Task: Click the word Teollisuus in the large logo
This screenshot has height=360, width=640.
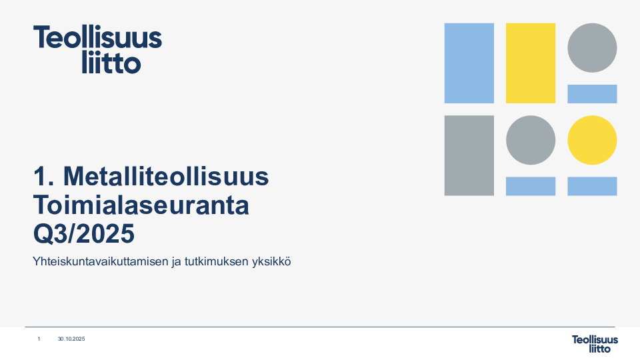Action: [x=98, y=38]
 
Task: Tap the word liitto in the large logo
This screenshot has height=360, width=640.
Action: [x=111, y=63]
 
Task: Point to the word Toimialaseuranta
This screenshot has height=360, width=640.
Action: [x=141, y=205]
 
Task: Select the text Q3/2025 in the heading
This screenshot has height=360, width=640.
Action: [x=83, y=233]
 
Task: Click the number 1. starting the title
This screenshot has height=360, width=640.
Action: [x=43, y=177]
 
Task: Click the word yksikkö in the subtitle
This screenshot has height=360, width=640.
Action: [x=271, y=262]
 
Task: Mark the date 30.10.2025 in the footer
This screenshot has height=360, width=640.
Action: [x=71, y=339]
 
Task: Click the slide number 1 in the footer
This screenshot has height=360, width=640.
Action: [x=39, y=339]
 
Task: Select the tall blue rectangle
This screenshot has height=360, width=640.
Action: [x=469, y=63]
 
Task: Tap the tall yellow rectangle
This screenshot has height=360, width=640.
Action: [x=530, y=63]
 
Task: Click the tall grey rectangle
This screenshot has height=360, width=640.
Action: [x=469, y=155]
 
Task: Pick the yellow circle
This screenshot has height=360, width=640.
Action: [x=592, y=140]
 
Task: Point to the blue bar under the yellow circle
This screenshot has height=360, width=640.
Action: [x=592, y=186]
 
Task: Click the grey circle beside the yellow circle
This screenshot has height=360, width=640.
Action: [x=530, y=140]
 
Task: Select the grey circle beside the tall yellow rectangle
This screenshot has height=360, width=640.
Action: [x=592, y=47]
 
